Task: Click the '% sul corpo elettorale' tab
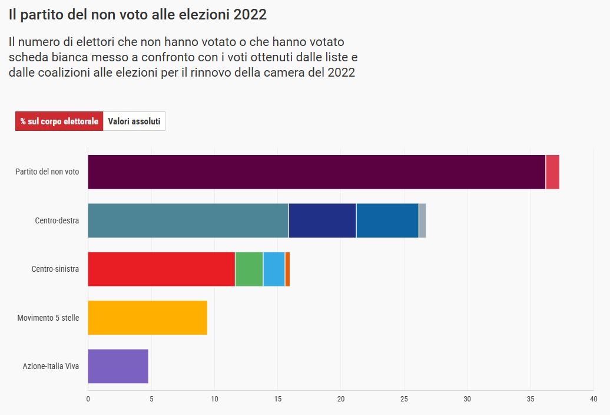pyautogui.click(x=59, y=121)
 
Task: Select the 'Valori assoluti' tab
pyautogui.click(x=134, y=121)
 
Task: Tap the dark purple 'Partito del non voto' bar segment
pyautogui.click(x=317, y=172)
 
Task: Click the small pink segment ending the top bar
pyautogui.click(x=552, y=172)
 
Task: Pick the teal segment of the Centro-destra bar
pyautogui.click(x=188, y=220)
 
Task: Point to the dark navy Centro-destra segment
pyautogui.click(x=323, y=220)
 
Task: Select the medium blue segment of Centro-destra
pyautogui.click(x=387, y=220)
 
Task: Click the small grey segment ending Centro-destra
pyautogui.click(x=423, y=220)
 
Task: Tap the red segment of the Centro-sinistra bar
pyautogui.click(x=161, y=269)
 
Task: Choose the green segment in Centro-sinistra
pyautogui.click(x=249, y=269)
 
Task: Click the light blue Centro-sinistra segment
pyautogui.click(x=274, y=269)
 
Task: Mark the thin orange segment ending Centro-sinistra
pyautogui.click(x=287, y=269)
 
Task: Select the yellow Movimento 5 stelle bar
pyautogui.click(x=148, y=318)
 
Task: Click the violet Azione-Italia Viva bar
pyautogui.click(x=118, y=366)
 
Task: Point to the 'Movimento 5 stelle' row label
pyautogui.click(x=48, y=318)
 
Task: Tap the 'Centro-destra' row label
pyautogui.click(x=57, y=220)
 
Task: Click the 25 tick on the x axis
pyautogui.click(x=404, y=399)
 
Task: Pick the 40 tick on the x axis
pyautogui.click(x=594, y=399)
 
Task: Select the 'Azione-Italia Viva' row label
pyautogui.click(x=51, y=366)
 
